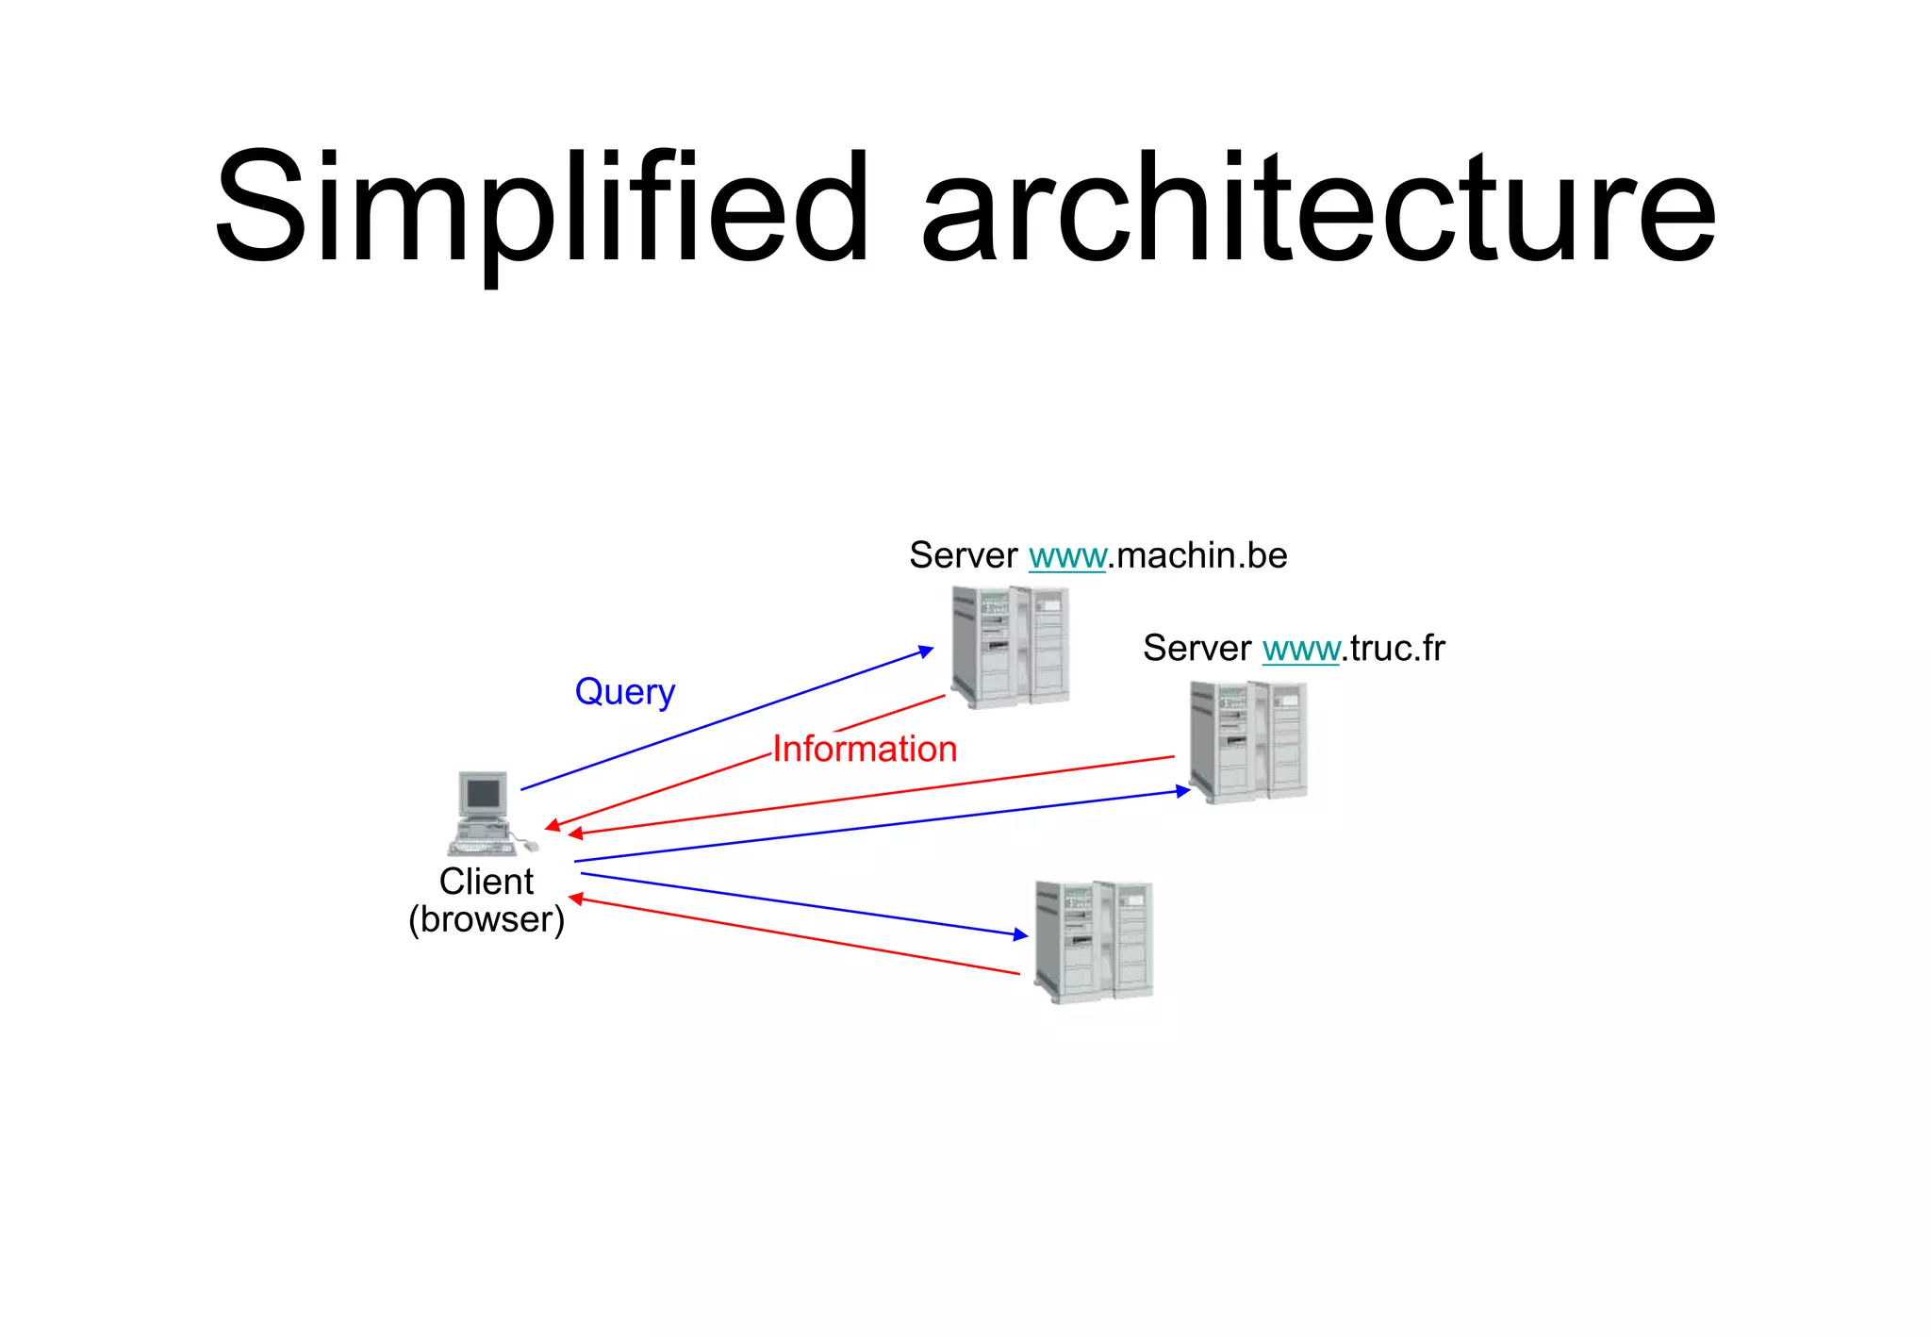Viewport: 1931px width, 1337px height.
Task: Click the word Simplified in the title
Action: point(541,207)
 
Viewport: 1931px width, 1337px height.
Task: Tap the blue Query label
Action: point(625,692)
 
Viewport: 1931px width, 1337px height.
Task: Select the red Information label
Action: point(865,749)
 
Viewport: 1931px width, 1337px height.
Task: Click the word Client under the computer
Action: point(486,882)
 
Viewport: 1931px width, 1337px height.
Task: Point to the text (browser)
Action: point(486,919)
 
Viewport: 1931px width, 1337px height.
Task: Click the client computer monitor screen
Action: point(483,794)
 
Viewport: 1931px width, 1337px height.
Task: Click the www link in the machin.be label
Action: point(1066,556)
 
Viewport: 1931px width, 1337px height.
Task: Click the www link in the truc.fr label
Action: point(1300,649)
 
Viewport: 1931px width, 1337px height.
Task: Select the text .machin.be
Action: point(1197,556)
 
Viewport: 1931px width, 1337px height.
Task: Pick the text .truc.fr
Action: point(1393,649)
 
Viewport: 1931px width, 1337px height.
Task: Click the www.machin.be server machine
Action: point(1010,647)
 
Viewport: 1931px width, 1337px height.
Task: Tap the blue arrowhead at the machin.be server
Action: point(927,651)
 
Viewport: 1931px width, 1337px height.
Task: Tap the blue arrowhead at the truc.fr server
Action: point(1183,791)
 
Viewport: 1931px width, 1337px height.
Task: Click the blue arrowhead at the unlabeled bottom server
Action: point(1021,934)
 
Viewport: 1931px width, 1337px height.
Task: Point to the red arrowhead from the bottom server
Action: point(576,900)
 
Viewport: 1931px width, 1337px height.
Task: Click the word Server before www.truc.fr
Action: point(1197,649)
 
